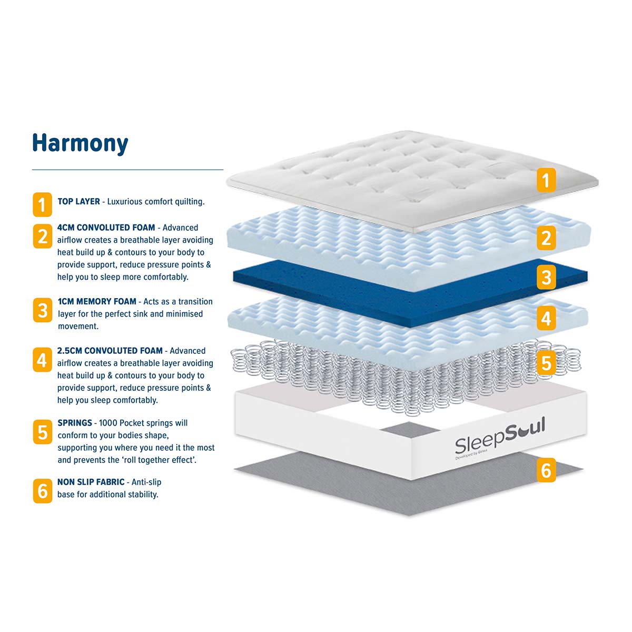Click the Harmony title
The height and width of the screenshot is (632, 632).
80,143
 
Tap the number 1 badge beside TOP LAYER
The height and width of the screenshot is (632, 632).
42,205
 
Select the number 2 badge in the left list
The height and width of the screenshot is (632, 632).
43,236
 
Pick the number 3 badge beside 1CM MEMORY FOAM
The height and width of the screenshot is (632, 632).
43,310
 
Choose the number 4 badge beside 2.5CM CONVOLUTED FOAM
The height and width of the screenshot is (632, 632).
42,360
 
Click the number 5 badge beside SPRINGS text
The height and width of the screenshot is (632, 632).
43,432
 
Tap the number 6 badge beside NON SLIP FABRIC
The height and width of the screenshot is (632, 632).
43,491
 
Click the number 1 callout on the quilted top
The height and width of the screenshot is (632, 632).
546,180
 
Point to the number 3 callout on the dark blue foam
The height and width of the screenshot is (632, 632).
546,278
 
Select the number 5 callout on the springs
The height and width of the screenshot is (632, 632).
546,363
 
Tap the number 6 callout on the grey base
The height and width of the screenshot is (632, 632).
546,470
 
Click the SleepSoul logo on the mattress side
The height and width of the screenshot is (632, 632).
500,437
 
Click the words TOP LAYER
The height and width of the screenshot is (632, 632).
78,201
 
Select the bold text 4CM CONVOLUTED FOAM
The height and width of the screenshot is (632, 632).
106,228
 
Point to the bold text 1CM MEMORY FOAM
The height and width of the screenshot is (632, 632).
97,301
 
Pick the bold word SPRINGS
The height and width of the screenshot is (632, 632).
75,423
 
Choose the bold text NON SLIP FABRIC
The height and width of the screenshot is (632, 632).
91,482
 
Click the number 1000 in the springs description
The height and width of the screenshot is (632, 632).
108,423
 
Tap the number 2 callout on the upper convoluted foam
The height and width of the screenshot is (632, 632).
546,238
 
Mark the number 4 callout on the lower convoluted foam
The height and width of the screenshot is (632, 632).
546,318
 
